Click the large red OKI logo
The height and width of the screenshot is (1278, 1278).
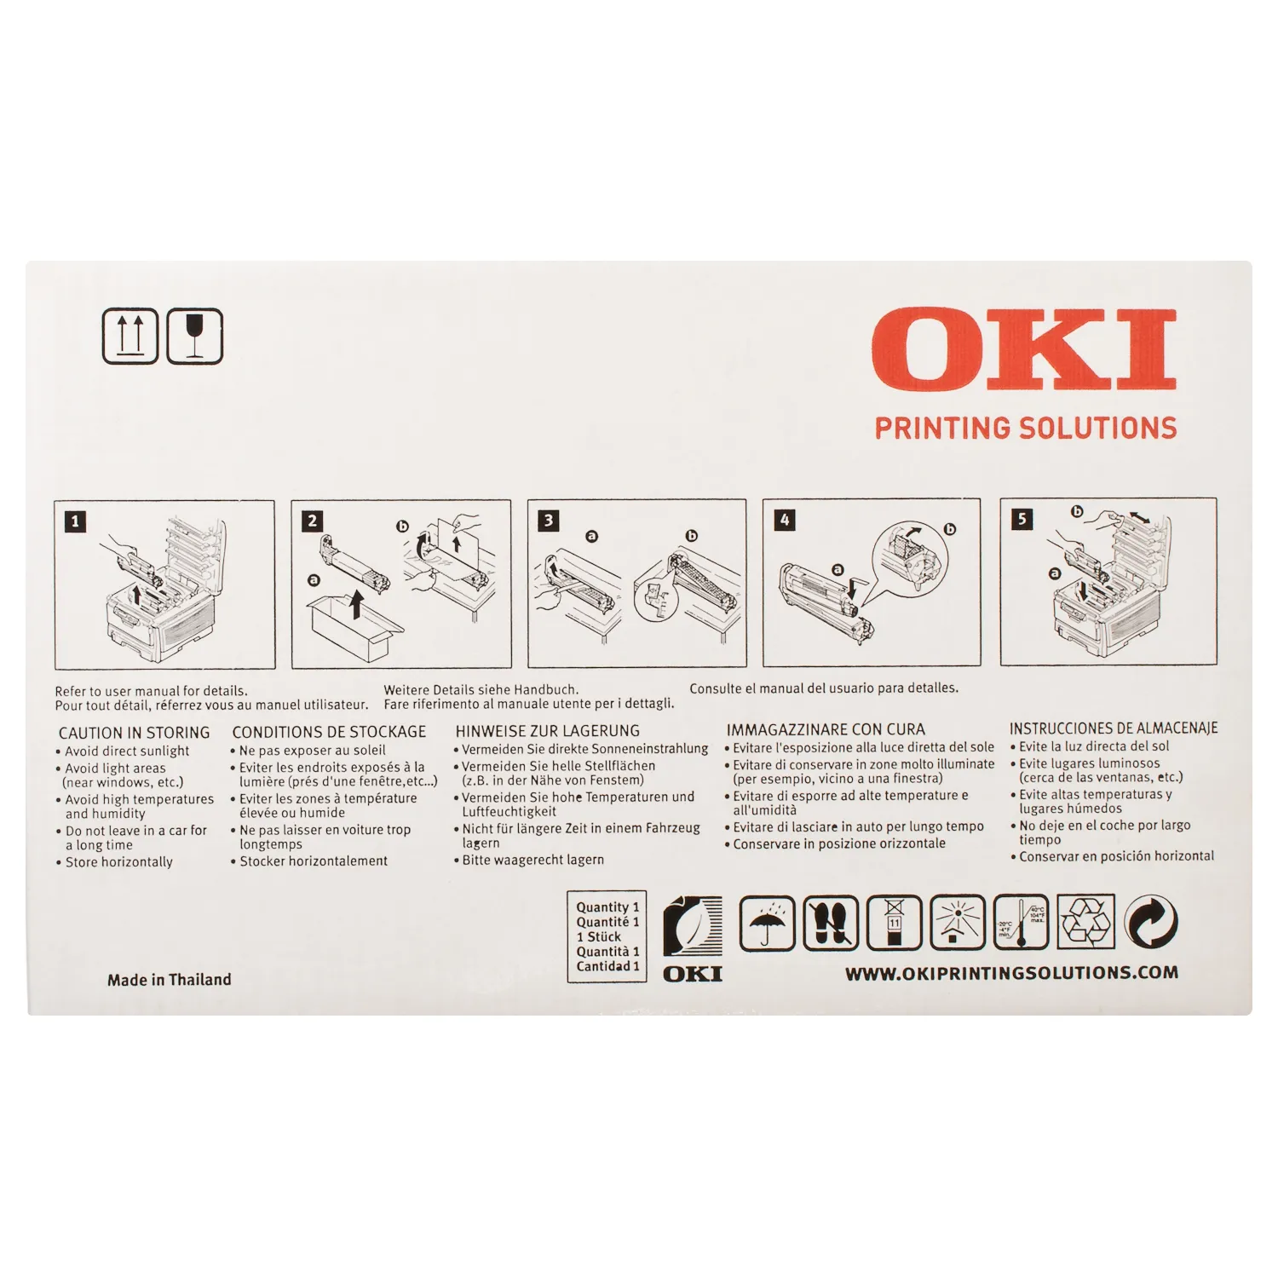pyautogui.click(x=1024, y=350)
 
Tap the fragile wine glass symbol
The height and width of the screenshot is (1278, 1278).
pyautogui.click(x=194, y=337)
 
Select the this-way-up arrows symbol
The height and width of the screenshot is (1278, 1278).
pyautogui.click(x=130, y=337)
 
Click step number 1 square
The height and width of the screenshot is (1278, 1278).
pyautogui.click(x=76, y=521)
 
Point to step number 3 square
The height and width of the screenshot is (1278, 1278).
pyautogui.click(x=549, y=521)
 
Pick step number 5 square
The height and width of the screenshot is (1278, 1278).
pyautogui.click(x=1022, y=519)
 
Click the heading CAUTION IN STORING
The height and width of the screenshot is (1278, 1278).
pyautogui.click(x=134, y=733)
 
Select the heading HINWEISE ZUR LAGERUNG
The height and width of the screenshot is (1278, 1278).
pyautogui.click(x=547, y=731)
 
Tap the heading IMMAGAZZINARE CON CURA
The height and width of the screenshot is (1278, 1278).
pyautogui.click(x=826, y=729)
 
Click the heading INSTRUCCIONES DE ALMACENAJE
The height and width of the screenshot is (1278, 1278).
pyautogui.click(x=1114, y=728)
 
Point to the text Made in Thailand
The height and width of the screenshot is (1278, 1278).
pyautogui.click(x=169, y=980)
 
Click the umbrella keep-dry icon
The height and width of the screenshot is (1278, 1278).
pyautogui.click(x=767, y=923)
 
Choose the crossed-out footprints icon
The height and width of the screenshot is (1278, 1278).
pyautogui.click(x=831, y=923)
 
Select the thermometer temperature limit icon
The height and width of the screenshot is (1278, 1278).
pyautogui.click(x=1022, y=922)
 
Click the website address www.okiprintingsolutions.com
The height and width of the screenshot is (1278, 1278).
pyautogui.click(x=1012, y=973)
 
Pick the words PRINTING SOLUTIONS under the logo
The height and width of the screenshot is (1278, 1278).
pyautogui.click(x=1026, y=428)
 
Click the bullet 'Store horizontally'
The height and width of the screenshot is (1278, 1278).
pyautogui.click(x=119, y=862)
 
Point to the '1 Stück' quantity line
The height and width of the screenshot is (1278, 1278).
pyautogui.click(x=599, y=936)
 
